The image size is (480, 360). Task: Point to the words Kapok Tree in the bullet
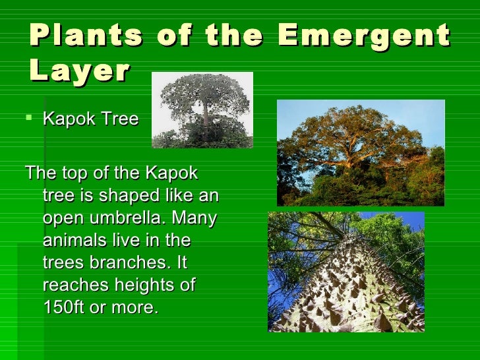(90, 119)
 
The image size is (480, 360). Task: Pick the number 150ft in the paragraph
(69, 308)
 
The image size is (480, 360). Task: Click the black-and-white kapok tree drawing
(202, 109)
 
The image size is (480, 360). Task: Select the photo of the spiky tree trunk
(346, 272)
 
